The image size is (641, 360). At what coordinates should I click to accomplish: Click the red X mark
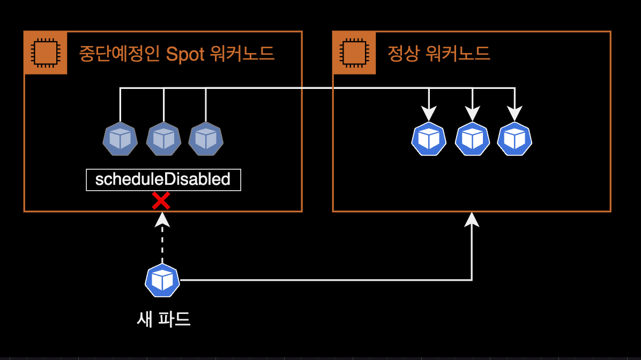161,201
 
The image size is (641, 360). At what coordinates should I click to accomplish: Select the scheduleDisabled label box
163,179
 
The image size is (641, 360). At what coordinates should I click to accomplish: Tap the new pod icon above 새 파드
162,280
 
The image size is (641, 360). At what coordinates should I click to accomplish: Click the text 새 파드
164,319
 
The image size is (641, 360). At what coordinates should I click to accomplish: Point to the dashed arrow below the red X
162,238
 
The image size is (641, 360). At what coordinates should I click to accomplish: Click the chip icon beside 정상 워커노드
354,53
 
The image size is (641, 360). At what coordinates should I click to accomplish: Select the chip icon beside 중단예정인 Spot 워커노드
46,53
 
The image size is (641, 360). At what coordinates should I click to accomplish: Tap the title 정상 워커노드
438,54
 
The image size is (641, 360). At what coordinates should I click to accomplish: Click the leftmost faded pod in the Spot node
120,139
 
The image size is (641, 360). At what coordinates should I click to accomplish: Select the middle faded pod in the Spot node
163,139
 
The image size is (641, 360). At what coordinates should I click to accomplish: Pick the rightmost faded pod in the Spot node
206,139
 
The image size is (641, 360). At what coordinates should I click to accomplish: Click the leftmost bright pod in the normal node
429,139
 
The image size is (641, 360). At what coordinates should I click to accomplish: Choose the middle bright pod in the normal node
472,139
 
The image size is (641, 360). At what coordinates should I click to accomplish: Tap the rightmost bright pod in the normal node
515,139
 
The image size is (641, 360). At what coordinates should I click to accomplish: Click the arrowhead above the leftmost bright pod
429,114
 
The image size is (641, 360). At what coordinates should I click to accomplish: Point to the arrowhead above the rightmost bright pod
515,114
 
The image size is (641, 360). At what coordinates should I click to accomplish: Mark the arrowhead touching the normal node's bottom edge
472,219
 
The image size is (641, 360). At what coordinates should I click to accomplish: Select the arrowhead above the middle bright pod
472,114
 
